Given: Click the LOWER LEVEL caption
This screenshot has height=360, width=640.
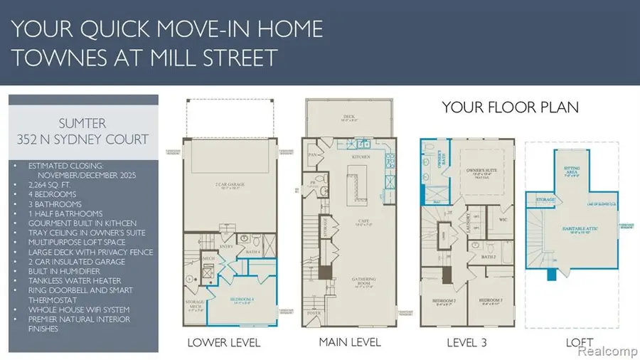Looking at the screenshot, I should (223, 343).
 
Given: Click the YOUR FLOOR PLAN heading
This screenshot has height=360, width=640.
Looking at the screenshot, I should (510, 107).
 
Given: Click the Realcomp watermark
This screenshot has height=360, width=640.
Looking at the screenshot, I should (606, 351).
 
